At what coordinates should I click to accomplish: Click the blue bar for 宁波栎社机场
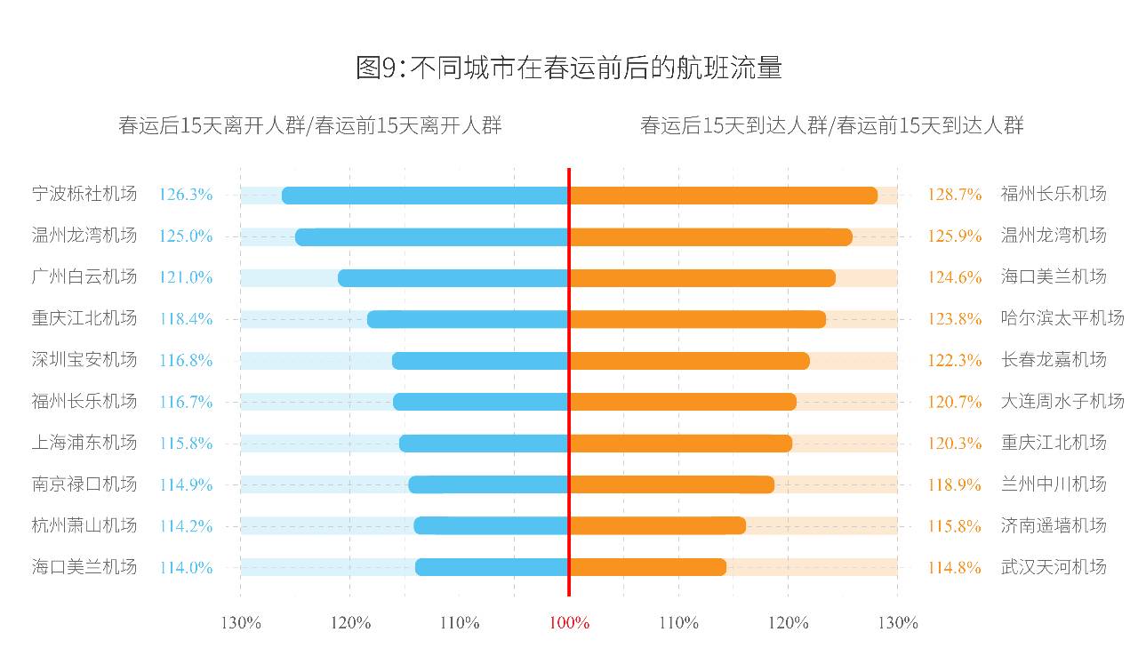(x=425, y=196)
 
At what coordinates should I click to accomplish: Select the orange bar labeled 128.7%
(x=723, y=196)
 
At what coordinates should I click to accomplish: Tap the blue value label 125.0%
(x=186, y=236)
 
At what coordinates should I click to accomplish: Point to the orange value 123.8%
(x=954, y=319)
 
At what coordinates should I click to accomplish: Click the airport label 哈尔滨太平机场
(x=1062, y=318)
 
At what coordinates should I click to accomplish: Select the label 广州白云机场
(x=84, y=277)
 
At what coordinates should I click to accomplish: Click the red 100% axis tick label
(x=569, y=623)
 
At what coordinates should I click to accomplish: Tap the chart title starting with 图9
(x=569, y=68)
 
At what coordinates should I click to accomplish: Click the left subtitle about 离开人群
(x=309, y=125)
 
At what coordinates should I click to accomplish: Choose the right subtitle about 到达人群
(x=831, y=125)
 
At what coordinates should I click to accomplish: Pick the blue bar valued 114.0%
(x=492, y=567)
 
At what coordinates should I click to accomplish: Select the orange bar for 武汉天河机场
(x=648, y=567)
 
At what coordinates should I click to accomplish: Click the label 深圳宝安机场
(x=84, y=360)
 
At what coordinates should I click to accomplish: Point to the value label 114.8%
(x=954, y=567)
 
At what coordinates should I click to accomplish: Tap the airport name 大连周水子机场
(x=1062, y=402)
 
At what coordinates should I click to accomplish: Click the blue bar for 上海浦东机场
(x=484, y=443)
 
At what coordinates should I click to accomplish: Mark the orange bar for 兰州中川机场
(x=672, y=484)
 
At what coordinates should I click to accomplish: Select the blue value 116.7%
(x=186, y=402)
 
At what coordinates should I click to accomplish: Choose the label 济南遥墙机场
(x=1053, y=525)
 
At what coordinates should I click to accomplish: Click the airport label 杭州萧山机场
(x=84, y=525)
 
